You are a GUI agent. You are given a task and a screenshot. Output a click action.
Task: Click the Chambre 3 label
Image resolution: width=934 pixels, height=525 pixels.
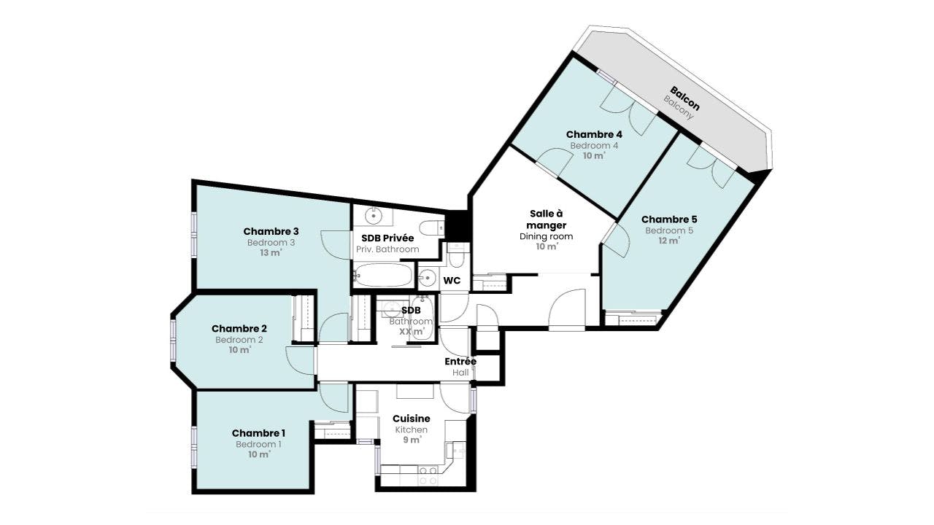271,231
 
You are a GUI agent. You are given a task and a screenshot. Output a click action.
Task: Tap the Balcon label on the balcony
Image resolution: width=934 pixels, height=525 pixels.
685,98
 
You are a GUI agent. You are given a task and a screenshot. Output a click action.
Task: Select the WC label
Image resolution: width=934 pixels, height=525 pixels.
452,281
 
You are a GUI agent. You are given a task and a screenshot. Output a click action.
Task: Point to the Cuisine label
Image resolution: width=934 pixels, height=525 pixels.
411,419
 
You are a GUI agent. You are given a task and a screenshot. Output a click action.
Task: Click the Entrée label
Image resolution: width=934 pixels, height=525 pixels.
460,361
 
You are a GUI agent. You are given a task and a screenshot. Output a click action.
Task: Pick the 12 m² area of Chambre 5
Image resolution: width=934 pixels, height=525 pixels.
669,241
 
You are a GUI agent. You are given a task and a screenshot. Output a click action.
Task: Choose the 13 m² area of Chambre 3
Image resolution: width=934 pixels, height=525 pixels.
271,253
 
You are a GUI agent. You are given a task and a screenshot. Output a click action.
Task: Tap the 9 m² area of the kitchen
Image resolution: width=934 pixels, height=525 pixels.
412,440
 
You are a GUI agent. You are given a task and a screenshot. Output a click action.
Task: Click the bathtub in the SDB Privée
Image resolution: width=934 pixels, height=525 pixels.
383,275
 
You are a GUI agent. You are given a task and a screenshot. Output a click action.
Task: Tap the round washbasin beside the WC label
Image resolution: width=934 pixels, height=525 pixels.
427,278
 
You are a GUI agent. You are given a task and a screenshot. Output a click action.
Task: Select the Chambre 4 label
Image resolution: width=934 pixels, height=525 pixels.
594,135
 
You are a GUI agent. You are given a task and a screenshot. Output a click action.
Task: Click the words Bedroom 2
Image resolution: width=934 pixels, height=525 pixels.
239,340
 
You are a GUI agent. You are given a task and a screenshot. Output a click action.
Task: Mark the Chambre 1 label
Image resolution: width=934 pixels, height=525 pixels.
258,433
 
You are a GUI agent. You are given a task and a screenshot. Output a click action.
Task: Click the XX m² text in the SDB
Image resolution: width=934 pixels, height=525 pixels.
412,332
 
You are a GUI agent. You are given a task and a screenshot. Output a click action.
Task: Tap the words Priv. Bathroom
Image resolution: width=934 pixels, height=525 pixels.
387,249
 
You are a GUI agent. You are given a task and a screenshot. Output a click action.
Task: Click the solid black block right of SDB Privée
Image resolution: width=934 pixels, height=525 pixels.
458,225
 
